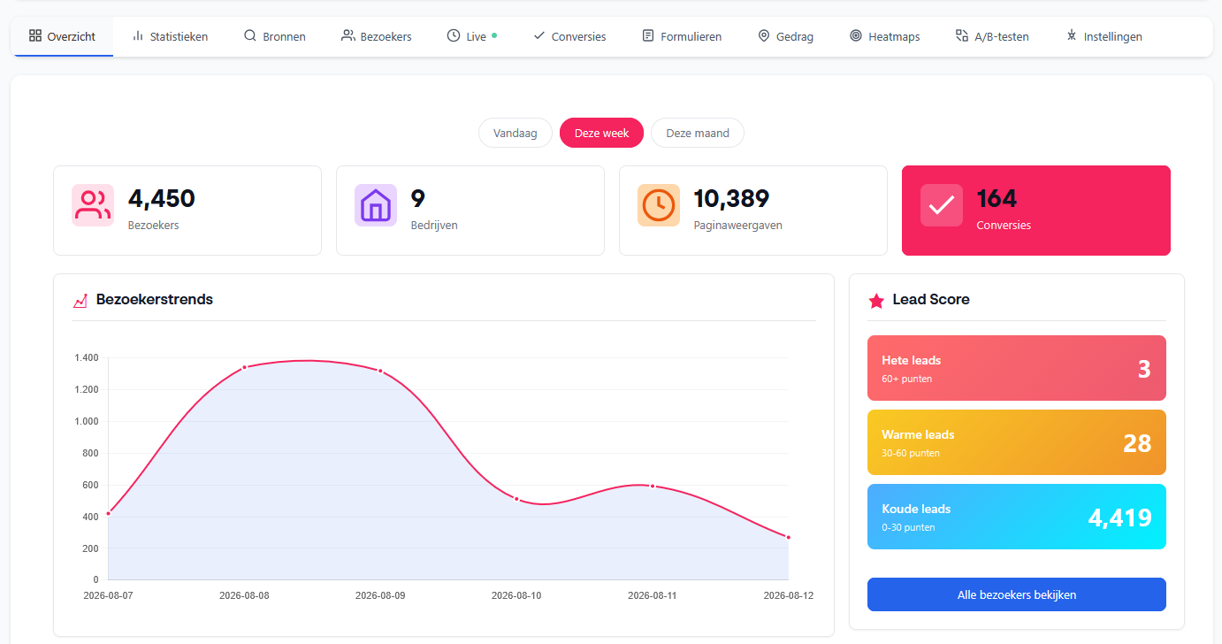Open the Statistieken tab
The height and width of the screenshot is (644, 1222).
tap(170, 36)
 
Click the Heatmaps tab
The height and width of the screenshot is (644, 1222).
tap(884, 36)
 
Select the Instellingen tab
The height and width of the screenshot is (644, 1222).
tap(1104, 36)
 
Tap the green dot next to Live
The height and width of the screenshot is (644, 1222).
tap(494, 35)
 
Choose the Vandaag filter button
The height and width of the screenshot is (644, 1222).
tap(515, 134)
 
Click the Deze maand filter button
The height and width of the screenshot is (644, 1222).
tap(697, 134)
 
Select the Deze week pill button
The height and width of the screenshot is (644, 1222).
tap(601, 134)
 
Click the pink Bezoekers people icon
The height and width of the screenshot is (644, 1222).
tap(93, 205)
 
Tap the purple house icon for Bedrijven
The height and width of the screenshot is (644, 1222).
tap(375, 205)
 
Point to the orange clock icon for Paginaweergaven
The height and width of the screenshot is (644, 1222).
tap(659, 205)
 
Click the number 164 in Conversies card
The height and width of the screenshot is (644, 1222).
tap(997, 199)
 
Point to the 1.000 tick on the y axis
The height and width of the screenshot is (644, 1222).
tap(86, 421)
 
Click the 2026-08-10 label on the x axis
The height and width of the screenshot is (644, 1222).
tap(516, 595)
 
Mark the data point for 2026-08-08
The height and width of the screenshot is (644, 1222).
tap(244, 367)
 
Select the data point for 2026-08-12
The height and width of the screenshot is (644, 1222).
tap(789, 538)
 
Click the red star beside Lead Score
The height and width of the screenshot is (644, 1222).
tap(876, 301)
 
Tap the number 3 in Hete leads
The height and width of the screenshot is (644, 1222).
tap(1144, 370)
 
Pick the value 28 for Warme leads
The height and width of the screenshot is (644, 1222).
tap(1137, 444)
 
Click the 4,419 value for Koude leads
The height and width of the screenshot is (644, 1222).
tap(1119, 517)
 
